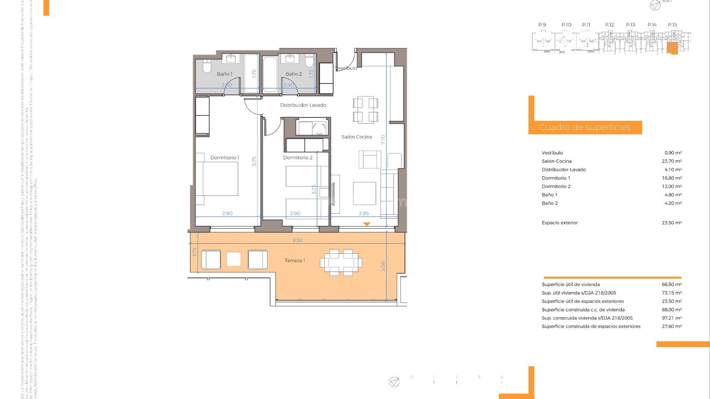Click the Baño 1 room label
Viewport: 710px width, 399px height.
pyautogui.click(x=224, y=74)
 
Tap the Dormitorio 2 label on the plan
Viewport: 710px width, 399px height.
pyautogui.click(x=297, y=158)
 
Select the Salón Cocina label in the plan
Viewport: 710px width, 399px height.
pyautogui.click(x=356, y=137)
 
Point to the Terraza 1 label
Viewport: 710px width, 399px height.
pyautogui.click(x=295, y=261)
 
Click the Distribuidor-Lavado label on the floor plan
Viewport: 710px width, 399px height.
pyautogui.click(x=303, y=105)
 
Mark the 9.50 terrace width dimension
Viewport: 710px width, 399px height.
pyautogui.click(x=297, y=240)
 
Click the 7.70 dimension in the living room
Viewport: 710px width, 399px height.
pyautogui.click(x=383, y=140)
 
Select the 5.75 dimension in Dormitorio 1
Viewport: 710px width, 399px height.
pyautogui.click(x=254, y=161)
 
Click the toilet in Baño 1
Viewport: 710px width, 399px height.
pyautogui.click(x=207, y=66)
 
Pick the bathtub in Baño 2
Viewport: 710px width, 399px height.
pyautogui.click(x=270, y=74)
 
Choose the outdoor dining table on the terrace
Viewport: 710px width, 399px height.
pyautogui.click(x=341, y=263)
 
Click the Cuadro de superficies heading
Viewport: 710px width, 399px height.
pyautogui.click(x=584, y=128)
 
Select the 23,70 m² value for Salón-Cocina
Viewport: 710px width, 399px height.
pyautogui.click(x=672, y=161)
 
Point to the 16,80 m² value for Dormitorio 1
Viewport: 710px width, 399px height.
pyautogui.click(x=672, y=178)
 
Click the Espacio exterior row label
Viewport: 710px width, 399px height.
pyautogui.click(x=559, y=223)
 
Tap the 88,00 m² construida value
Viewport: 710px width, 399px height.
pyautogui.click(x=672, y=310)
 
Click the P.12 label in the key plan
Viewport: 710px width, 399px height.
pyautogui.click(x=609, y=25)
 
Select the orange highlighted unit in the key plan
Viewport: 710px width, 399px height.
pyautogui.click(x=672, y=48)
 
